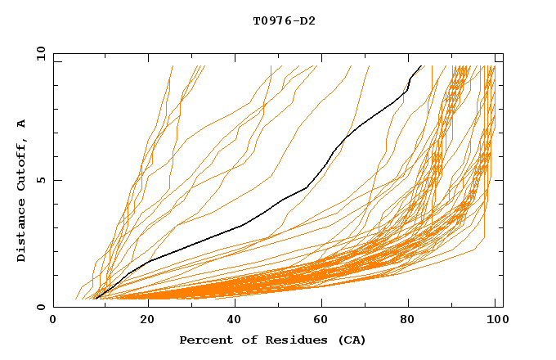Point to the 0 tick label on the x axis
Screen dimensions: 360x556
(x=53, y=321)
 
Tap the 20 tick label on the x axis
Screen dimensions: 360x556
(x=141, y=321)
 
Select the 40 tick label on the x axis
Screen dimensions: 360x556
(x=230, y=321)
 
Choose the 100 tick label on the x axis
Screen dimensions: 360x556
(x=495, y=321)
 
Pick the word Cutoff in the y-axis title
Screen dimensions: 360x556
(x=22, y=163)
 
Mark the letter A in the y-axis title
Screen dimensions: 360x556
(x=22, y=124)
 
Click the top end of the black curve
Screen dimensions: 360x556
(x=421, y=65)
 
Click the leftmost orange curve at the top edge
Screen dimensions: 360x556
(x=173, y=66)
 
